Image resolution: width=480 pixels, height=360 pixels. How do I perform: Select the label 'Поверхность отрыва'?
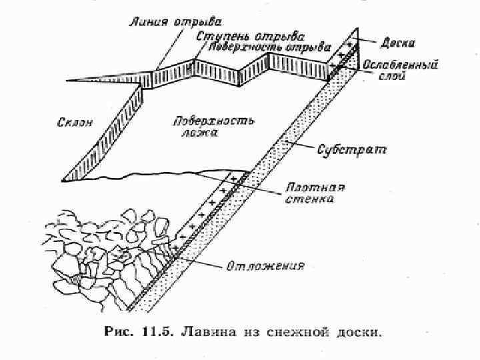[x=269, y=47]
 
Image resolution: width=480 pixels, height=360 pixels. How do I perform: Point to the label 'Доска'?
[x=398, y=43]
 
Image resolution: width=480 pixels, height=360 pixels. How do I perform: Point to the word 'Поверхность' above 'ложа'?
[x=213, y=121]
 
